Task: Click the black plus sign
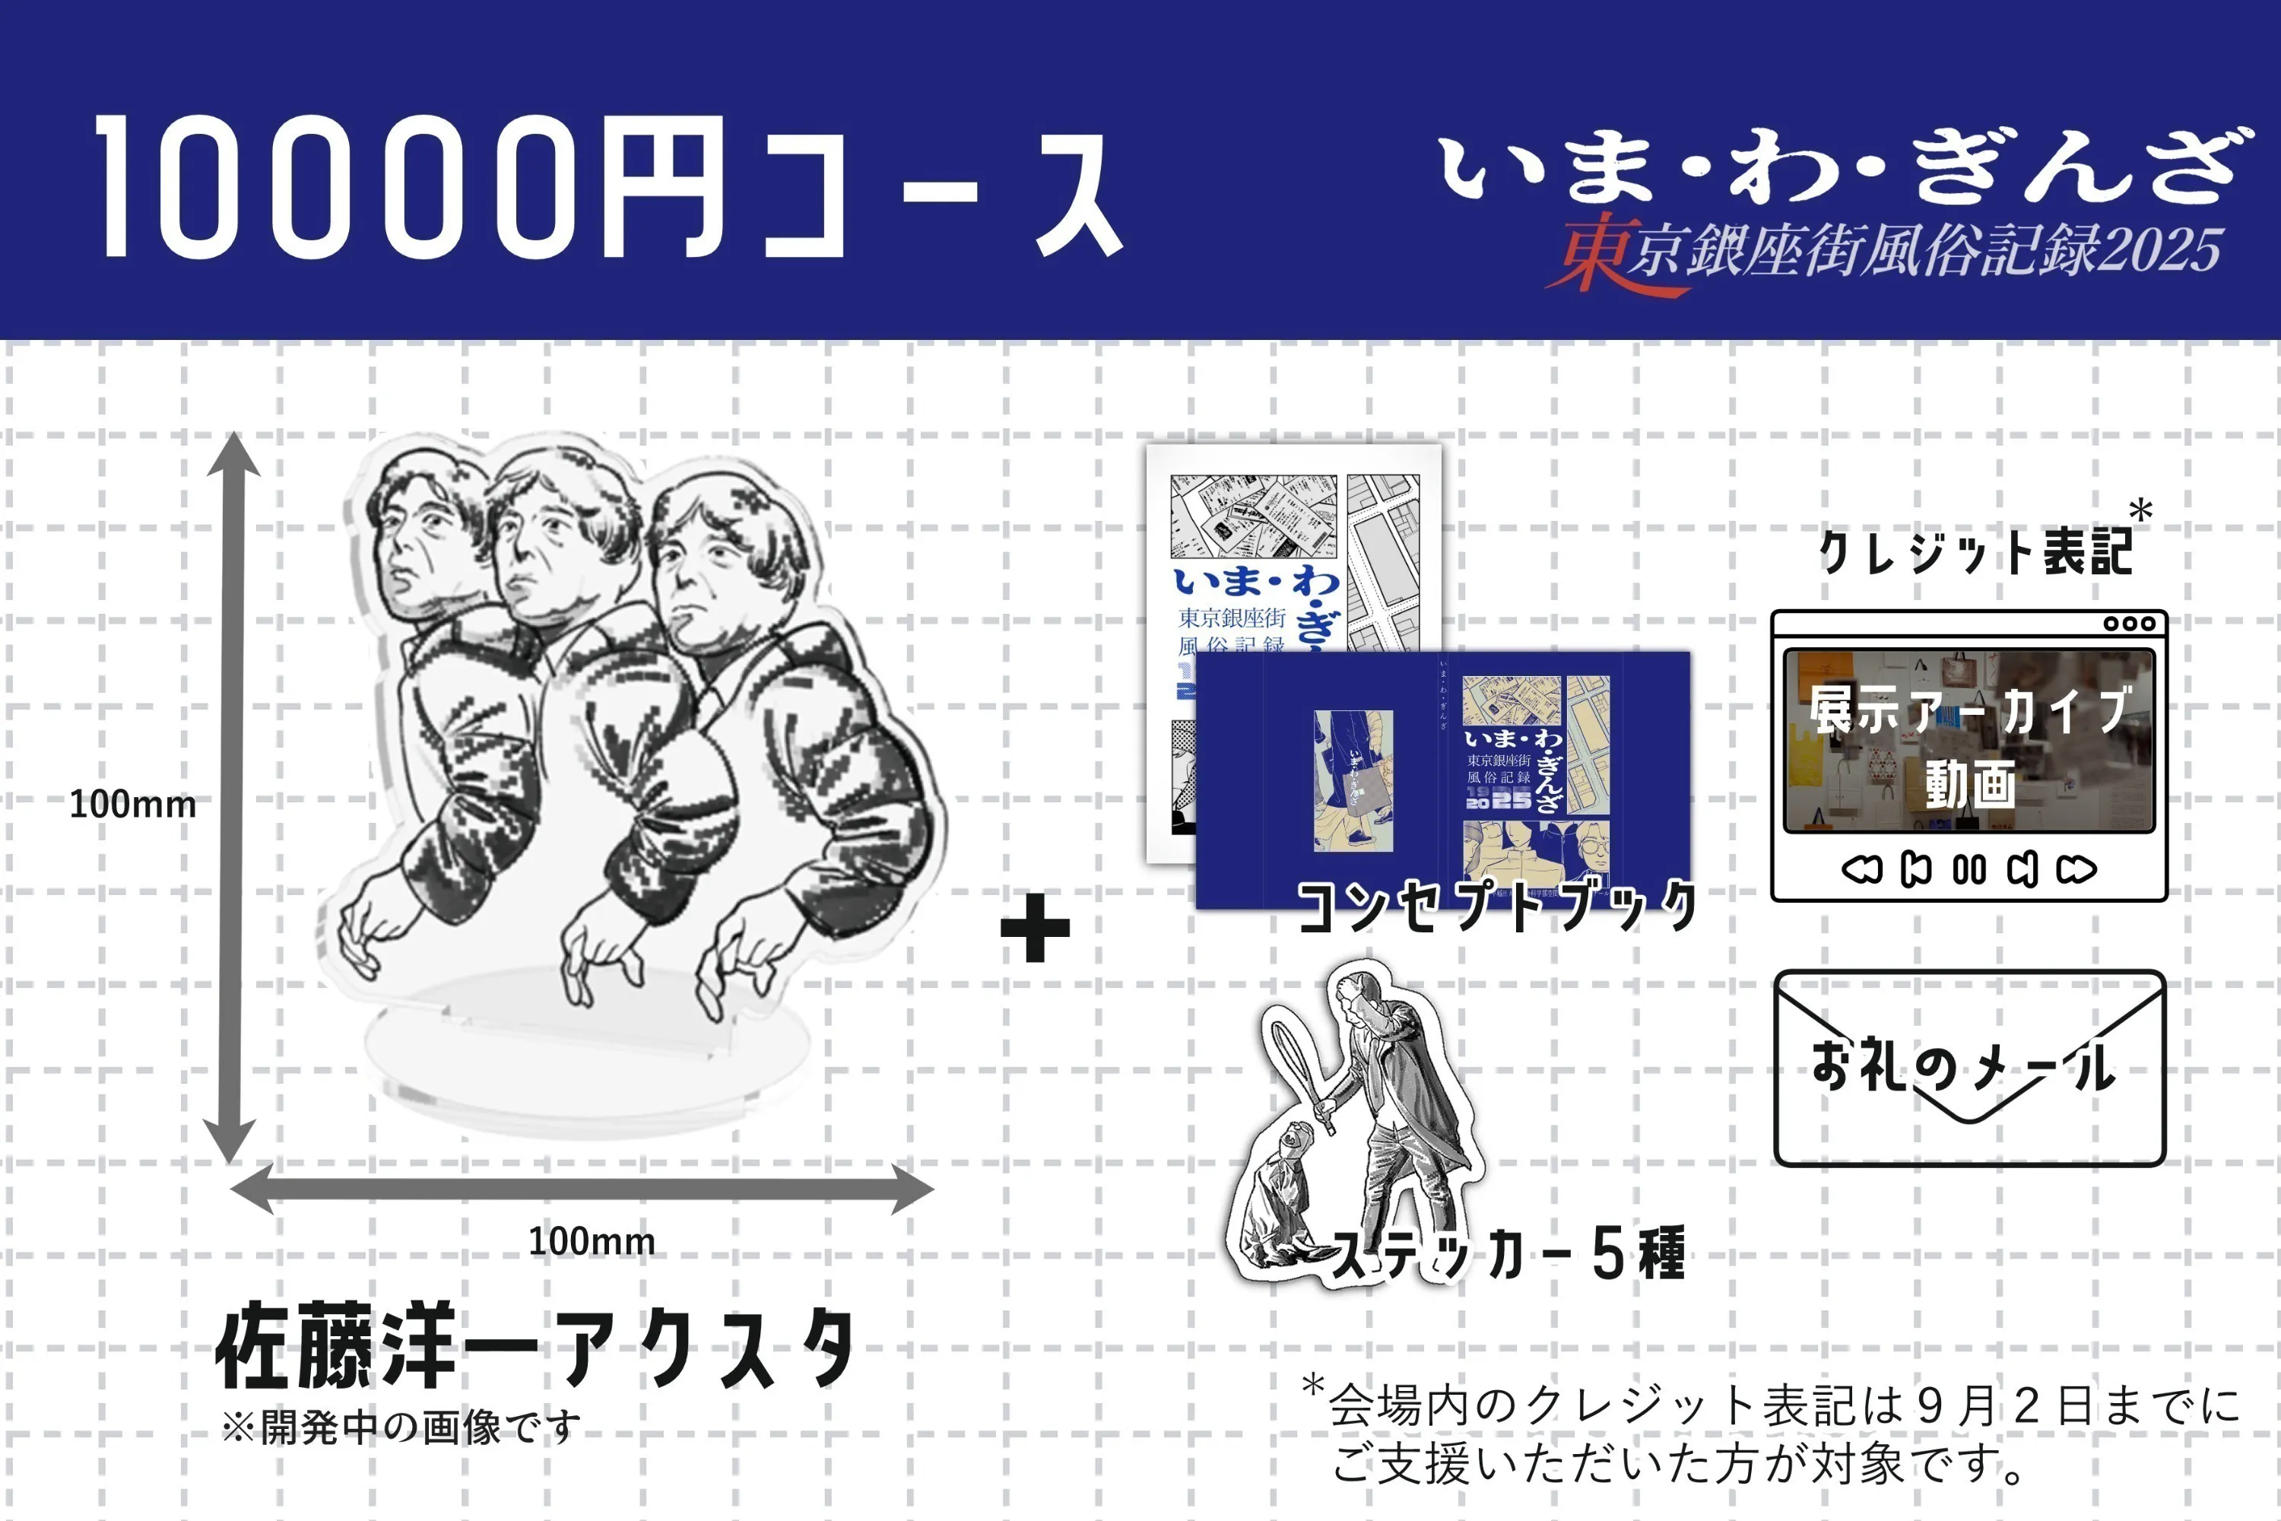[x=1035, y=929]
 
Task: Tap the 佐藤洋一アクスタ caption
[x=535, y=1348]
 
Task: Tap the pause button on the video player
[x=1969, y=869]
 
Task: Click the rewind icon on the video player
[x=1861, y=869]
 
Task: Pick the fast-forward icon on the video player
[x=2076, y=869]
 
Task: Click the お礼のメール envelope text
[x=1963, y=1068]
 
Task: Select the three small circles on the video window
[x=2130, y=624]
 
